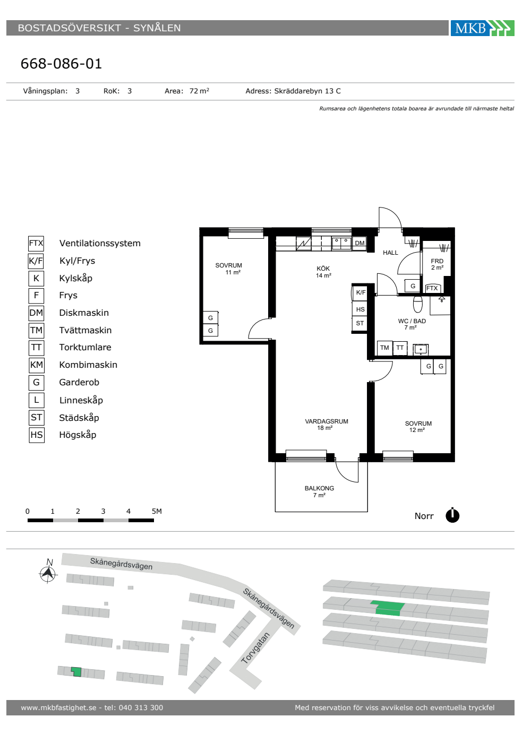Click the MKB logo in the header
(482, 28)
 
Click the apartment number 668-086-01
(61, 63)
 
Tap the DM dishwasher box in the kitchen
(359, 243)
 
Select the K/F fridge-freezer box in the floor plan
(361, 292)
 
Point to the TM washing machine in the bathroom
(384, 348)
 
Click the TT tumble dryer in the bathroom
(400, 348)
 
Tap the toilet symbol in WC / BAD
(418, 304)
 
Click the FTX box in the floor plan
(432, 288)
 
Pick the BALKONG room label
(319, 488)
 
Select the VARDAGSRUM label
(327, 421)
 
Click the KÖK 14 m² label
(323, 272)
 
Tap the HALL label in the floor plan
(390, 253)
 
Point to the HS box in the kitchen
(360, 309)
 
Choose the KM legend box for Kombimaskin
(37, 365)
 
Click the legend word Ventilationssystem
(100, 243)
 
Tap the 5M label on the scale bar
(157, 511)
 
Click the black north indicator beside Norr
(452, 515)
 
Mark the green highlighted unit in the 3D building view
(388, 608)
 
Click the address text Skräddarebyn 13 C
(307, 91)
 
